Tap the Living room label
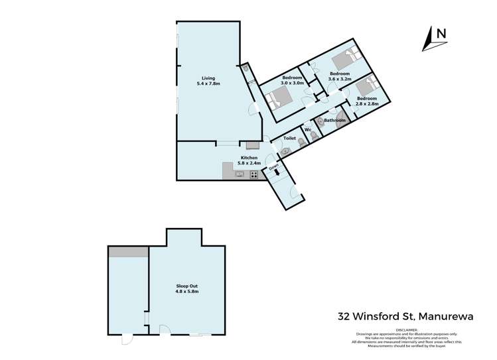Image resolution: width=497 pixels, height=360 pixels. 208,78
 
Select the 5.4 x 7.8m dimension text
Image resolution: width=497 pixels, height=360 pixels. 208,84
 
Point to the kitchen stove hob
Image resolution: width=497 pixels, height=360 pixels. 253,175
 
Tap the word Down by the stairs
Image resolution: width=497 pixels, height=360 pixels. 273,168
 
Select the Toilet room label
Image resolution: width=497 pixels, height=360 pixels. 289,138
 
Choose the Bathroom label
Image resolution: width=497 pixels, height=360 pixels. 334,120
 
